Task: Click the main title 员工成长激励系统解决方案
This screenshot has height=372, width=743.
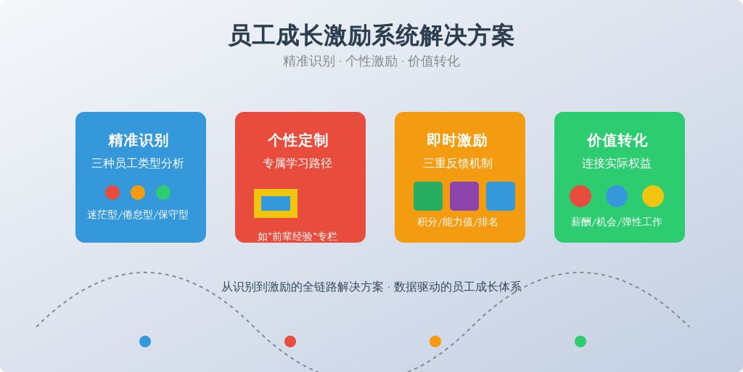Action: point(371,36)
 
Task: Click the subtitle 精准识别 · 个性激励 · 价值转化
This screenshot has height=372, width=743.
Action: point(371,61)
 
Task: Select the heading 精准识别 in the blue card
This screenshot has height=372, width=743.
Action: point(138,140)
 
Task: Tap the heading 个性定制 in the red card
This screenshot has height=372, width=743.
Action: point(297,140)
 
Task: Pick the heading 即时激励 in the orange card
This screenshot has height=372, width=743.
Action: point(457,140)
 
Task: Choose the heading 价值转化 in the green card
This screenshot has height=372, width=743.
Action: point(617,140)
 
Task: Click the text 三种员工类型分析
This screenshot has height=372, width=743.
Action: point(138,163)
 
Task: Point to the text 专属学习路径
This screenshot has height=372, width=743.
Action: point(297,163)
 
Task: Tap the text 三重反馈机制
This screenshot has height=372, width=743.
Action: point(458,163)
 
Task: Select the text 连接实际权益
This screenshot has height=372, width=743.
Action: point(617,163)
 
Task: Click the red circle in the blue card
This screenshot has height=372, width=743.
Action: point(112,193)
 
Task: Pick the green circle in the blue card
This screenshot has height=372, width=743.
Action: point(163,193)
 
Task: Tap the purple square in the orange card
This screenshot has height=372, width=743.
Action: point(464,196)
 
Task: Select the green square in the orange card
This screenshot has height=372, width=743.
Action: point(428,196)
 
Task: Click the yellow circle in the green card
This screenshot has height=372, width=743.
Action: point(653,196)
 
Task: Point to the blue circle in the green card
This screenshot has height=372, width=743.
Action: point(617,196)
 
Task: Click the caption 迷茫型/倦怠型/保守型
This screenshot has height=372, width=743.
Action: point(138,214)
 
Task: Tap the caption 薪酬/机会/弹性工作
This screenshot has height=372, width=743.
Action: point(617,222)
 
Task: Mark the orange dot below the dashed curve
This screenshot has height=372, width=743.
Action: point(435,341)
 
